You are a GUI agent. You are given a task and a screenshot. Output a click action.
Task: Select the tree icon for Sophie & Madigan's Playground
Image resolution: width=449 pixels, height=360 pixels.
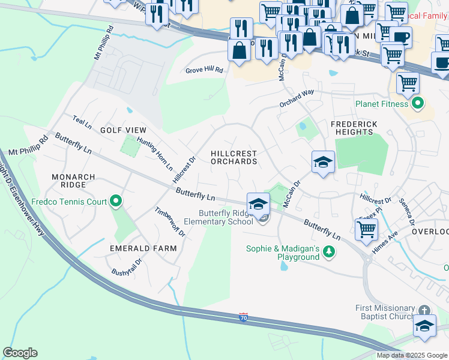[x=328, y=251]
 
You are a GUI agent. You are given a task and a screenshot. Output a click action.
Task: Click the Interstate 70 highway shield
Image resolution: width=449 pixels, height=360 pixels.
[x=243, y=316]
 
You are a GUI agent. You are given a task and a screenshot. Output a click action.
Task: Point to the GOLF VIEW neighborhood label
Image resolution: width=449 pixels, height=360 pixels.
[x=123, y=130]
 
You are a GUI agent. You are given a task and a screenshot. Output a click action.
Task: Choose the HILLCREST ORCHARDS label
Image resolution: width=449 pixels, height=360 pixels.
[x=234, y=158]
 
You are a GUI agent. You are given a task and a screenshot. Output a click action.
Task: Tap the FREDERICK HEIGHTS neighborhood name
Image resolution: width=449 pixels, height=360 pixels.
[x=356, y=128]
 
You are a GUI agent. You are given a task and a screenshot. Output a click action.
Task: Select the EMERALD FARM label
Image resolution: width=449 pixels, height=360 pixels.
[x=143, y=248]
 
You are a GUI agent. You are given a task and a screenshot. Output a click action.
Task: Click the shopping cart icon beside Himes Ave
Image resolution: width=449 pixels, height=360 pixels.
[x=366, y=228]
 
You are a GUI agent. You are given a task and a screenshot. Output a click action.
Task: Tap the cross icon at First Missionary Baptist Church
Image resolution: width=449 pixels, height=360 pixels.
[x=424, y=310]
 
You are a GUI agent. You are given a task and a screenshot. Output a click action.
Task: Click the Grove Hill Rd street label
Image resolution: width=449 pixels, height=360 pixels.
[x=204, y=70]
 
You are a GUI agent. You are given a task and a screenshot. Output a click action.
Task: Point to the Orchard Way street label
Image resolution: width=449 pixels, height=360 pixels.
[x=297, y=99]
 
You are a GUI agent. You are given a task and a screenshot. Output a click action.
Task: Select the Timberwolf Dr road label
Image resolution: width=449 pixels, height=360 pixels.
[x=170, y=221]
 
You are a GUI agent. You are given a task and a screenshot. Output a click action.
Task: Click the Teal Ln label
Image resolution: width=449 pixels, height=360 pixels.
[x=82, y=122]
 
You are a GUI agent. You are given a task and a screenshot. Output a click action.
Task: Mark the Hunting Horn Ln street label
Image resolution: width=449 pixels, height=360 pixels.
[x=155, y=154]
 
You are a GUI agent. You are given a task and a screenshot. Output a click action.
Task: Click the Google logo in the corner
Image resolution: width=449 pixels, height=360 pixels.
[x=20, y=353]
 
